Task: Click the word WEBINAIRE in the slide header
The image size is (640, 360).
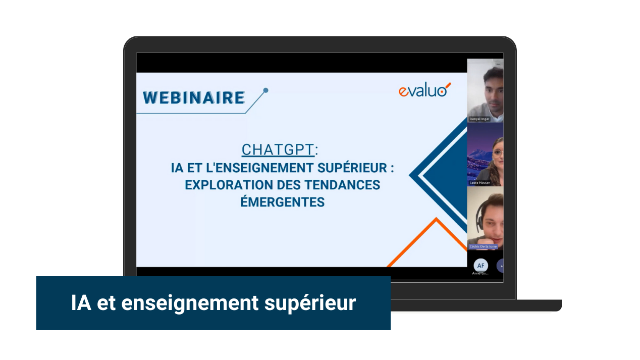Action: (x=194, y=97)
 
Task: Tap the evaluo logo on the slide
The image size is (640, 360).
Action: (x=424, y=90)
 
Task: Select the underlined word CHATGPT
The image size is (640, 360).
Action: (x=278, y=150)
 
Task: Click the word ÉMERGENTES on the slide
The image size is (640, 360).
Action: (x=282, y=202)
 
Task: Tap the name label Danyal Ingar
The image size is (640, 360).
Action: (x=479, y=119)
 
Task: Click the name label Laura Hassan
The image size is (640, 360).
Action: (x=479, y=182)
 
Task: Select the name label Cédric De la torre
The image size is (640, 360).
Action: (x=483, y=246)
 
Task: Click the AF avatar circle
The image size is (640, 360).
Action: (x=481, y=266)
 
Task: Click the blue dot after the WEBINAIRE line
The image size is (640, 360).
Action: (x=266, y=90)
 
